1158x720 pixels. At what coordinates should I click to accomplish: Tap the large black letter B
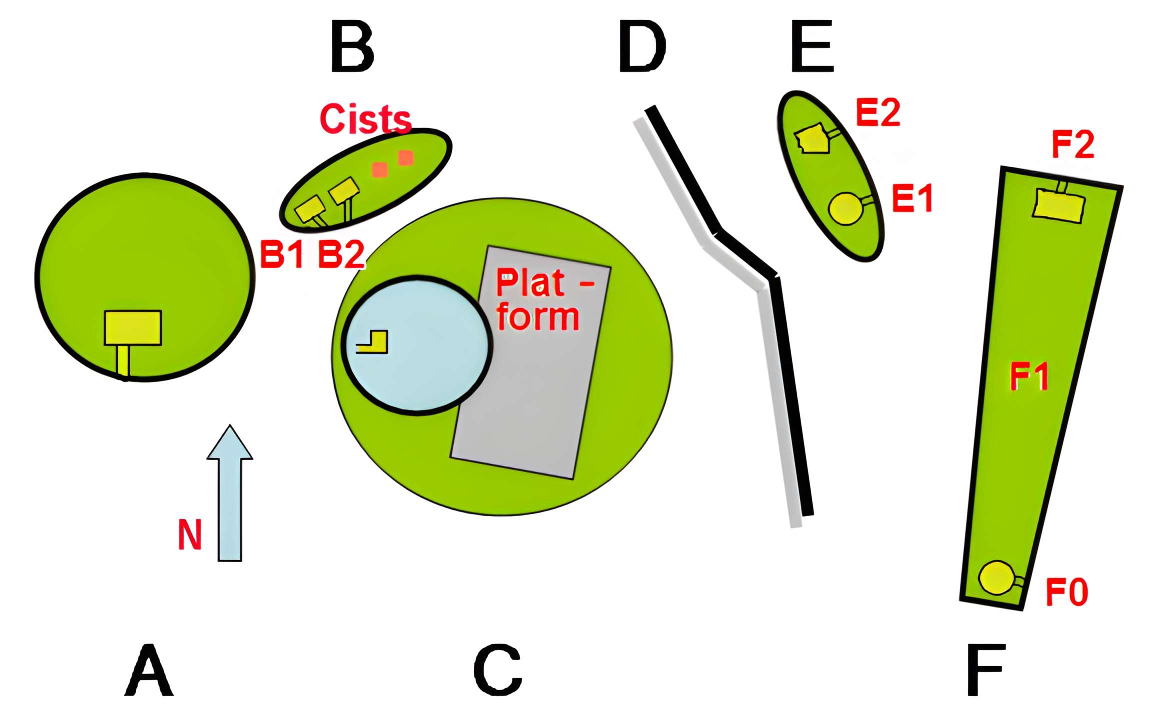tap(352, 46)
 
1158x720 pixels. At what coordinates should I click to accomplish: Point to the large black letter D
tap(642, 46)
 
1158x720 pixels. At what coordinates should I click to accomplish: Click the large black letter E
tap(812, 46)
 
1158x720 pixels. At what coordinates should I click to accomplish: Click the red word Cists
tap(365, 119)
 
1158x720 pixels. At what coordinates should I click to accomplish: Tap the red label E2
tap(878, 113)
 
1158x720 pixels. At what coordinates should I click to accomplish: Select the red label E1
tap(912, 198)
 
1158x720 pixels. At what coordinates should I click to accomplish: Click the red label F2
tap(1073, 144)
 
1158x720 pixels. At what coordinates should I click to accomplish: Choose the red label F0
tap(1067, 592)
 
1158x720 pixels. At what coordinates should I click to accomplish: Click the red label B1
tap(282, 254)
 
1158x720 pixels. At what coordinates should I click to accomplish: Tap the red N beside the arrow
tap(190, 534)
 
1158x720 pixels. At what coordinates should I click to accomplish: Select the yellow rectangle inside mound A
tap(133, 328)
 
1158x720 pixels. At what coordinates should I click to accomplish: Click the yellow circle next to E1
tap(845, 209)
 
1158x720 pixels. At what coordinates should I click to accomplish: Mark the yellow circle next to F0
tap(996, 578)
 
